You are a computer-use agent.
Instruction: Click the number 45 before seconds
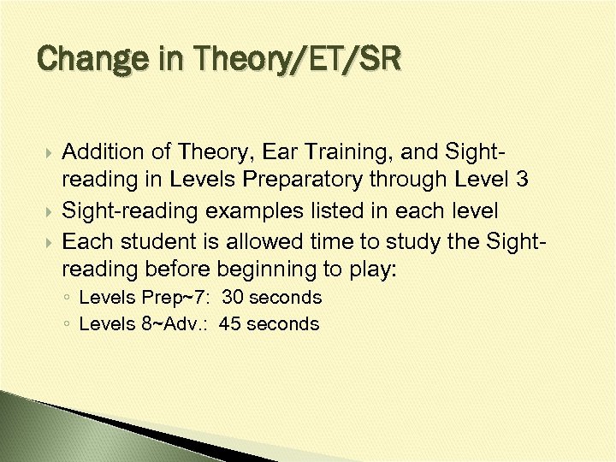pos(230,324)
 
